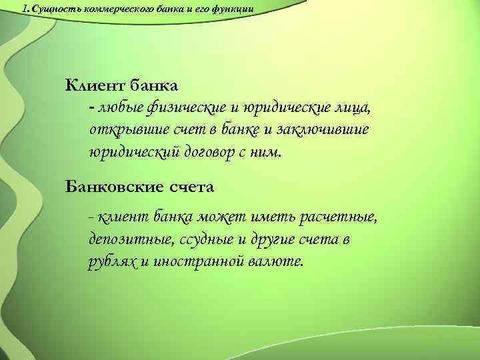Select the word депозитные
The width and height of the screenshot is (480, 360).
pos(126,239)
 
